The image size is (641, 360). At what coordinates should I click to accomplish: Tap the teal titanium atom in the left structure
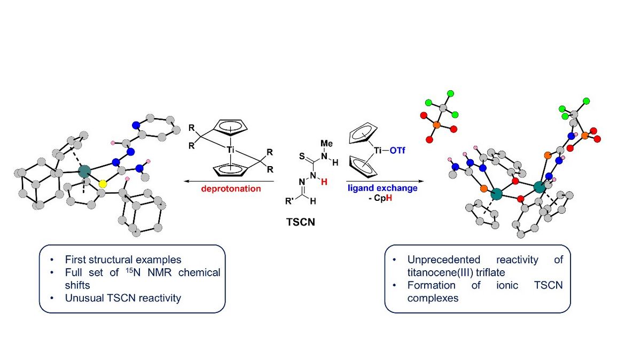[84, 171]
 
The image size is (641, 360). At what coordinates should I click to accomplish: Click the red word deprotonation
[231, 189]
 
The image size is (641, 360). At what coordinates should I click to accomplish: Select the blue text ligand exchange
[382, 188]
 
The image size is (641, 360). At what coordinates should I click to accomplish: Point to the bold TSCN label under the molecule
[301, 222]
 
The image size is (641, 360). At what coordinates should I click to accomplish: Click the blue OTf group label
[397, 150]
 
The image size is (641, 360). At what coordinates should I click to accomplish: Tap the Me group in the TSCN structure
[326, 143]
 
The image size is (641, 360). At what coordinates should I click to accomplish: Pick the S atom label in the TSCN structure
[302, 156]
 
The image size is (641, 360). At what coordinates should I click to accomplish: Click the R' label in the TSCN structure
[290, 201]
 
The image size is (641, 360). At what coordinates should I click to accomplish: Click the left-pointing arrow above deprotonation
[229, 181]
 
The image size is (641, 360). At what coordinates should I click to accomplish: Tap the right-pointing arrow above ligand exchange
[385, 181]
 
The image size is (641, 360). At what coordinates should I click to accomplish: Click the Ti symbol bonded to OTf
[378, 150]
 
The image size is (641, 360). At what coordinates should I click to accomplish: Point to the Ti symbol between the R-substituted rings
[231, 150]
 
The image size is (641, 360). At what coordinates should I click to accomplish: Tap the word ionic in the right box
[507, 285]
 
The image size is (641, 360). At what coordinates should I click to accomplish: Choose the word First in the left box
[75, 260]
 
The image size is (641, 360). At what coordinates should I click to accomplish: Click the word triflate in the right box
[490, 272]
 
